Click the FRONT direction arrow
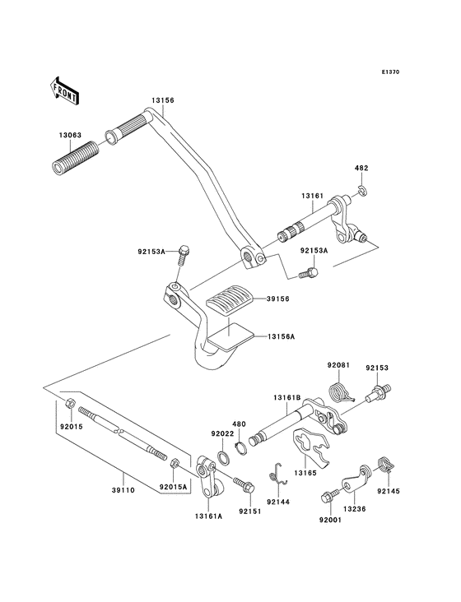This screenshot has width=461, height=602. [x=65, y=89]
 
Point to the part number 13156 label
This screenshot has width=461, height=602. [x=162, y=100]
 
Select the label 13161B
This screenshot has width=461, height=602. [x=287, y=396]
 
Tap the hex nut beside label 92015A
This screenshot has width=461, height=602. [x=175, y=466]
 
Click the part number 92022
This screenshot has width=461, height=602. [x=222, y=433]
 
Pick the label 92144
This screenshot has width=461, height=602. [x=278, y=499]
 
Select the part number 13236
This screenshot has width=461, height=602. [x=353, y=510]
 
